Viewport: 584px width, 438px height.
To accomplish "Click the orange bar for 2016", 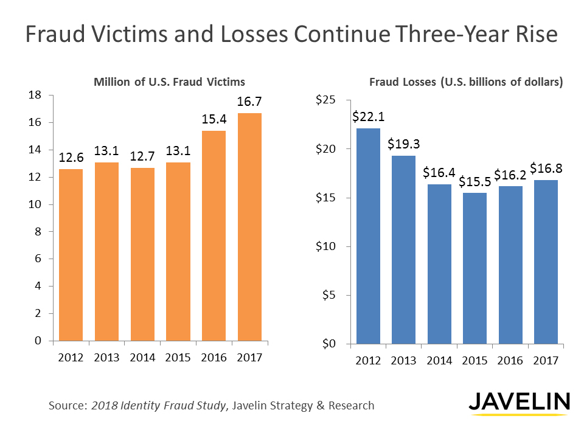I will [x=214, y=236].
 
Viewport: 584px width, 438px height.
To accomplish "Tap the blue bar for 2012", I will [x=368, y=236].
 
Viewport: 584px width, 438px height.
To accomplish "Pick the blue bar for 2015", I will [x=474, y=268].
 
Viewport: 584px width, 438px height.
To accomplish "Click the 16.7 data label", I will [x=249, y=102].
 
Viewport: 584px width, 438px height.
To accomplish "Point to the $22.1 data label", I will [x=368, y=117].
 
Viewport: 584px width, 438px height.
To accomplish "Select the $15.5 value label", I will [x=474, y=181].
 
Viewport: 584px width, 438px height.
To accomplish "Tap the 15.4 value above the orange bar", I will [x=214, y=119].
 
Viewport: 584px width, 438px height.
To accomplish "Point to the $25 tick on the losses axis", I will [x=326, y=100].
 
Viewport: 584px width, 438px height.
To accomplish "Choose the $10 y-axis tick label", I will [x=326, y=246].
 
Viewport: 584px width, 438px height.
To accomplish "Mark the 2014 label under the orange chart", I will [x=142, y=357].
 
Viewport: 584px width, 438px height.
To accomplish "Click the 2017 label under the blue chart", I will [x=546, y=361].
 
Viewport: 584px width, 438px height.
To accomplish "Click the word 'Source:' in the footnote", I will [x=68, y=405].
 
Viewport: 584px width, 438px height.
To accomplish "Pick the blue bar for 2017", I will [x=546, y=262].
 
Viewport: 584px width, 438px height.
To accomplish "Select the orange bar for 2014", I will [x=142, y=254].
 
